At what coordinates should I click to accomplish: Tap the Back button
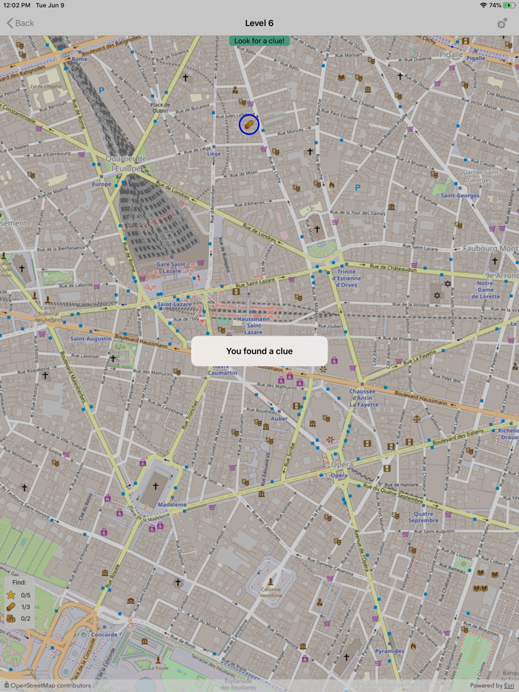tap(21, 23)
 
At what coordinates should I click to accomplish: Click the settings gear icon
tap(502, 24)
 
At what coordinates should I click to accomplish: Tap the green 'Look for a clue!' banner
tap(259, 41)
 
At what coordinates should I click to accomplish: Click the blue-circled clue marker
tap(249, 124)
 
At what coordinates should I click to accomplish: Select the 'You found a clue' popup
tap(259, 351)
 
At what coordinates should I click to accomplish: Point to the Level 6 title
tap(259, 23)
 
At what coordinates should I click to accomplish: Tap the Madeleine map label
tap(172, 505)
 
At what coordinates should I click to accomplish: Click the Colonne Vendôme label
tap(271, 592)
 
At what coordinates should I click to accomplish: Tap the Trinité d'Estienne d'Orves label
tap(347, 278)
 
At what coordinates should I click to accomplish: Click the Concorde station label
tap(105, 635)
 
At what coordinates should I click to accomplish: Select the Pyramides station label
tap(389, 651)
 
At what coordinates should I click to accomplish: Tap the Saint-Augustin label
tap(90, 339)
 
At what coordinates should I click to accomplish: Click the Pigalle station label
tap(476, 58)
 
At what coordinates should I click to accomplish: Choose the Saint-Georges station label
tap(460, 196)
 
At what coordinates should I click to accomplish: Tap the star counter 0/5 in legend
tap(25, 595)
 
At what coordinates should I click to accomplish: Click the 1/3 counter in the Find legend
tap(25, 607)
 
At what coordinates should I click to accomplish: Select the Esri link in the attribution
tap(509, 685)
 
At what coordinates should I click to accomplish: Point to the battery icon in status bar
tap(509, 5)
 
